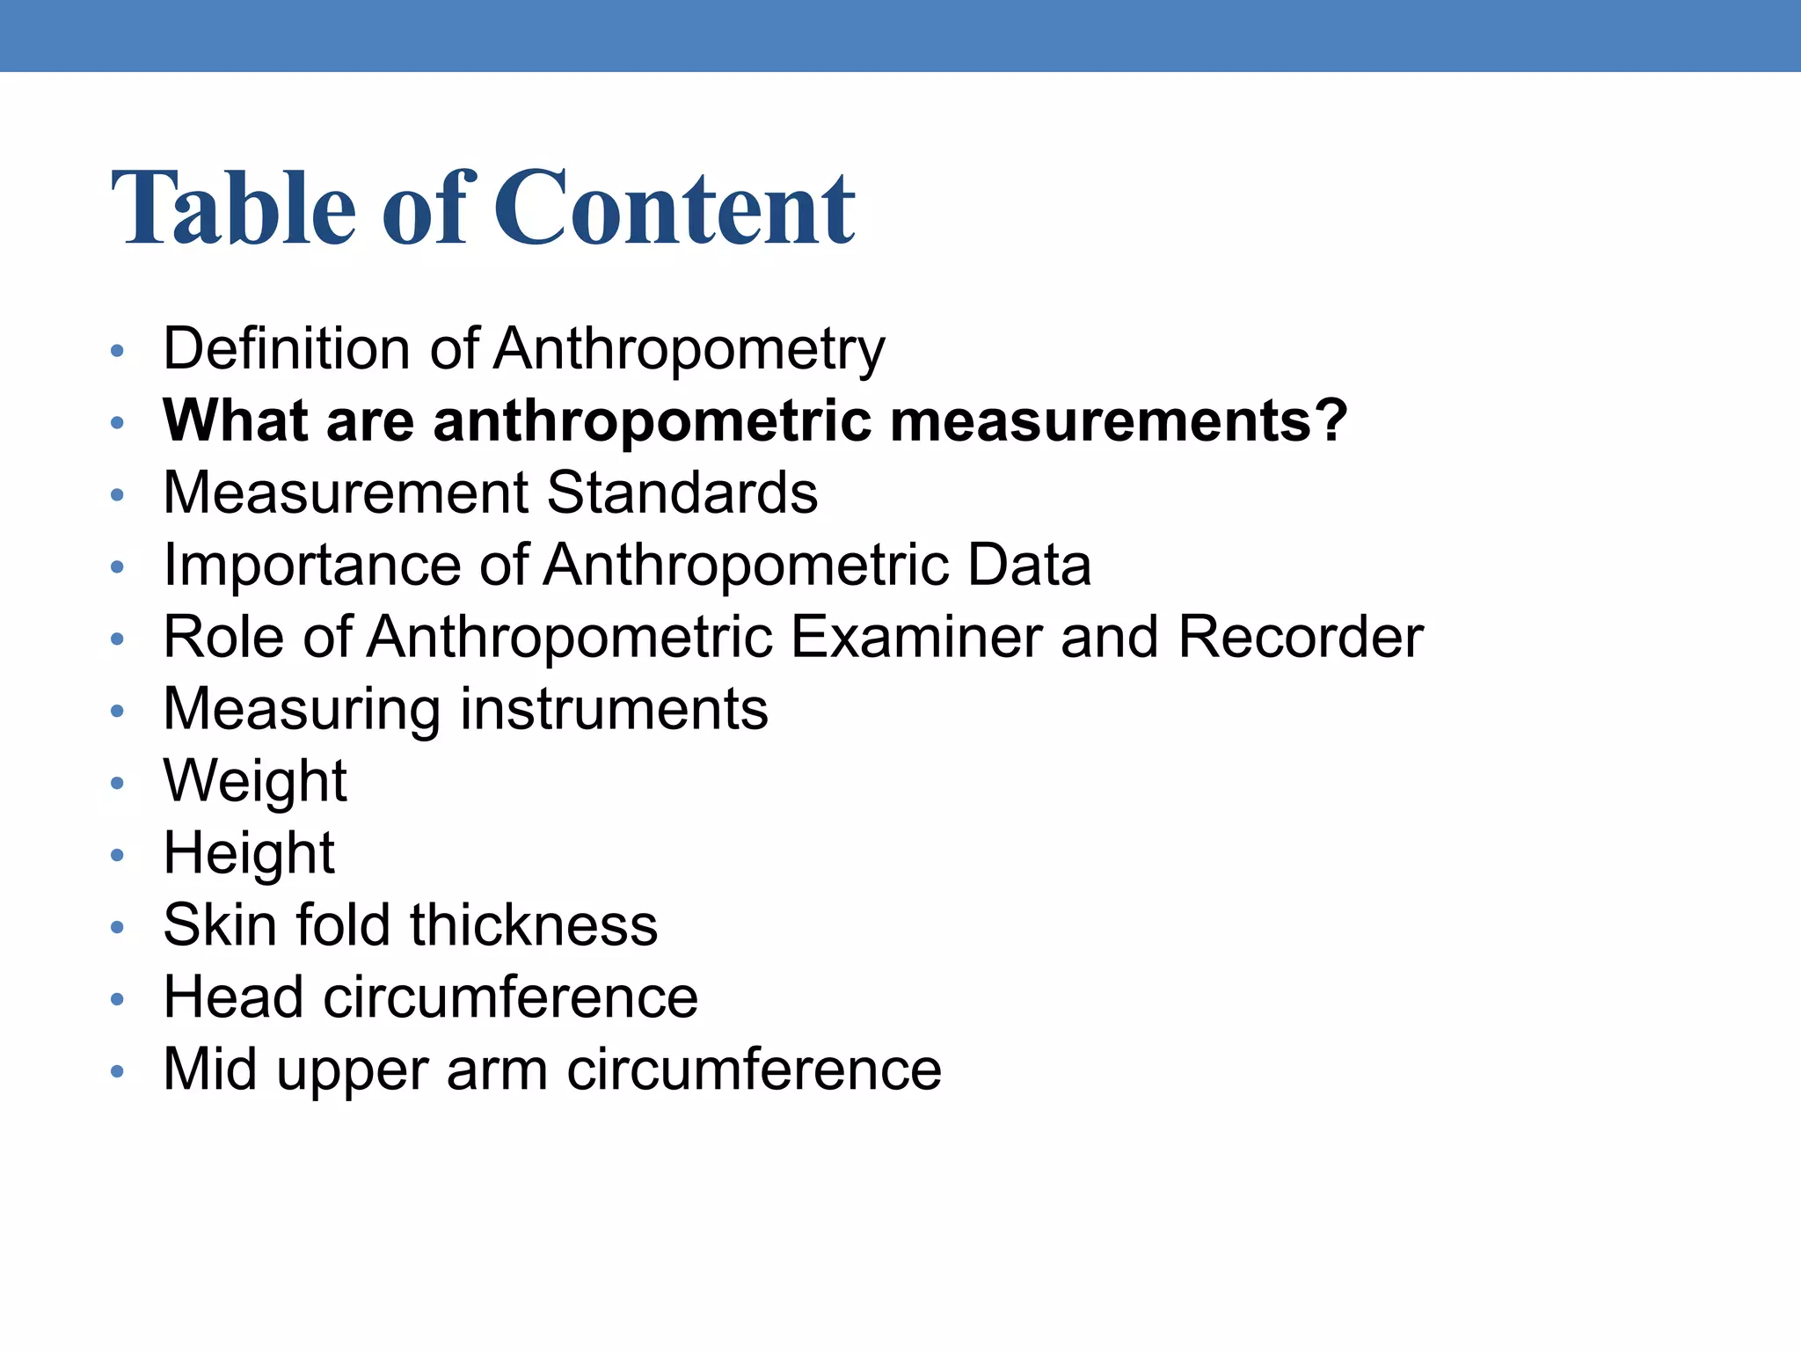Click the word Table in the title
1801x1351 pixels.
233,208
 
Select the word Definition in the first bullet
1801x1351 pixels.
285,348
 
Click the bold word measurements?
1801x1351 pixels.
1119,420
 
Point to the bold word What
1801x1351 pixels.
235,420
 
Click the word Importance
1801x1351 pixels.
312,566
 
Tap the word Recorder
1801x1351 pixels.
1300,637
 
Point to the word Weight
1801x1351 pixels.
255,783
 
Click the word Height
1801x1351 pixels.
249,855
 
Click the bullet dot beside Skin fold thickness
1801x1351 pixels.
118,927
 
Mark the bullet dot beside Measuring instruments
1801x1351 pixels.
118,711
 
